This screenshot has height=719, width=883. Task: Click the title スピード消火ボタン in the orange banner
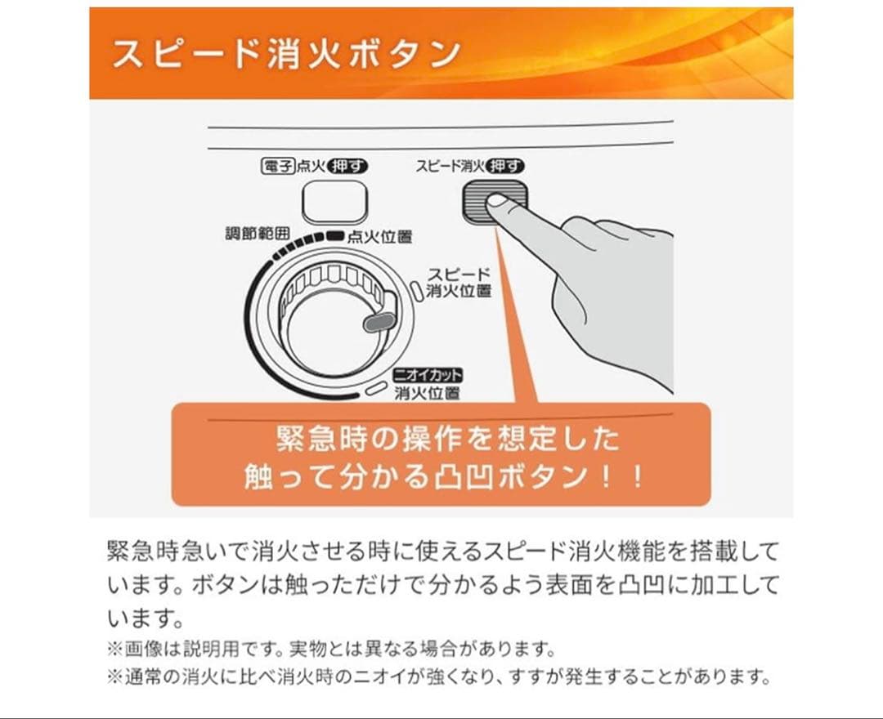[x=285, y=53]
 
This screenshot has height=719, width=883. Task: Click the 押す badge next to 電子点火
[x=347, y=167]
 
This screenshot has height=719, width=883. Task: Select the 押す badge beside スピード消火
[x=504, y=166]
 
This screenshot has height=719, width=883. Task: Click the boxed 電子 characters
[x=276, y=167]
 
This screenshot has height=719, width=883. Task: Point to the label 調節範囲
[x=258, y=234]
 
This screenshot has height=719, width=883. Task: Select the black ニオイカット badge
[x=428, y=376]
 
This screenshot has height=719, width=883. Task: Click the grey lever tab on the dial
[x=377, y=321]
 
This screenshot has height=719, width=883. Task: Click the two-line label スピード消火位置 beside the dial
[x=459, y=282]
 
